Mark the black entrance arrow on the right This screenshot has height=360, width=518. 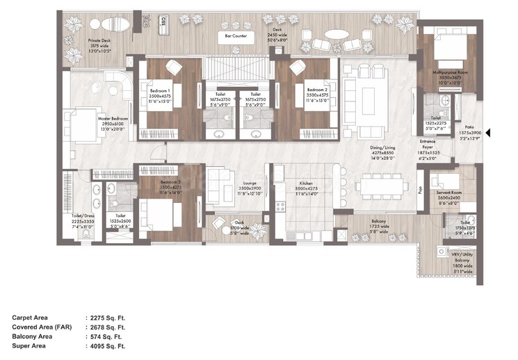489,133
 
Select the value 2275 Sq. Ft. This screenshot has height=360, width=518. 105,318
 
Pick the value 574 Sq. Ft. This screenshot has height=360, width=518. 103,335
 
